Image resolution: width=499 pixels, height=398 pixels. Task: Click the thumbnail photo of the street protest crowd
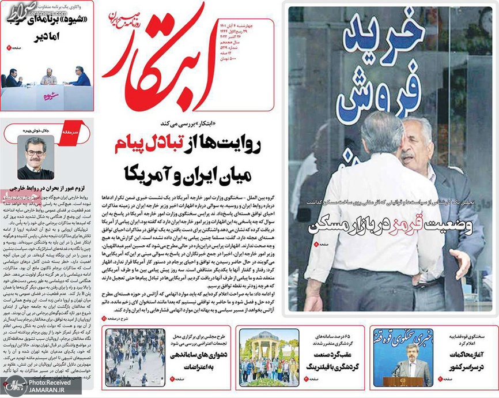(x=127, y=358)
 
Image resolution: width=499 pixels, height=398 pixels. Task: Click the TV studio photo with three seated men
(x=49, y=75)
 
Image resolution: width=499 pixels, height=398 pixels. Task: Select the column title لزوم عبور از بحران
(x=49, y=190)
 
